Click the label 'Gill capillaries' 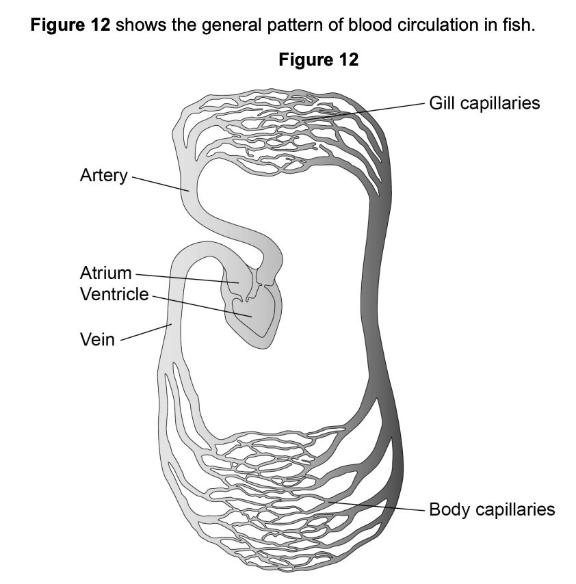pos(484,103)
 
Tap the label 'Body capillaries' pos(491,509)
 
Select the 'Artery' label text pos(103,176)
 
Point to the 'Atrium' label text pos(105,274)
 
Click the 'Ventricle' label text pos(114,295)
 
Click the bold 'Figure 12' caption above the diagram pos(318,60)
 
